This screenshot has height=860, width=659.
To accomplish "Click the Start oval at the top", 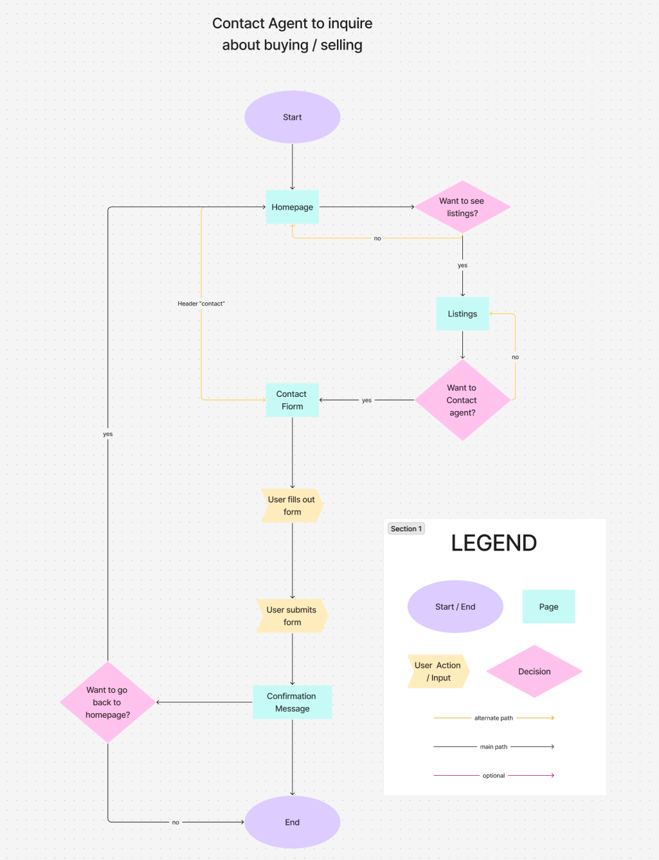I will point(292,117).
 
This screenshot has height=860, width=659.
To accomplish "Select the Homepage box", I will point(292,207).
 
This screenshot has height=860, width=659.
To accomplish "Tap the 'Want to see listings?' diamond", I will point(462,207).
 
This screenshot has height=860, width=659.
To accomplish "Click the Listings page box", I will point(462,314).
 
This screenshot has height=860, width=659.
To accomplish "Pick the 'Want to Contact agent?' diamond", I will point(462,400).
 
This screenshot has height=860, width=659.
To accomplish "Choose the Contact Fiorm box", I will point(292,400).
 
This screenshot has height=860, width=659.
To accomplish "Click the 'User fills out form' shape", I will point(292,506).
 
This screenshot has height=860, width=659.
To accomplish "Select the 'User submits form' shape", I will point(292,616).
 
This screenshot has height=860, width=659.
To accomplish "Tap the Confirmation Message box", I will point(292,702).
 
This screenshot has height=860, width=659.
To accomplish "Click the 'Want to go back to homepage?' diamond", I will point(107,702).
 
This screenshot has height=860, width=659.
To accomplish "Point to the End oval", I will point(292,822).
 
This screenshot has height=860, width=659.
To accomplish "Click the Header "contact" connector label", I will point(201,304).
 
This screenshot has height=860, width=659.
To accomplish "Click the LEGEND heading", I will point(494,544).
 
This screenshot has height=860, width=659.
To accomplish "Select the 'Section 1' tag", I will point(406,529).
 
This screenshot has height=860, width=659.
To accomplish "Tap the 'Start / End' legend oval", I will point(455,607).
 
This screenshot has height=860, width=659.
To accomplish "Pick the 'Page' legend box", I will point(548,607).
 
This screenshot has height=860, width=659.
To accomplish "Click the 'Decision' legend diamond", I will point(534,672).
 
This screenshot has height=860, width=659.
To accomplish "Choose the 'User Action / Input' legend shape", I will point(438,672).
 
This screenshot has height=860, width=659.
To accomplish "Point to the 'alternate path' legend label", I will point(494,718).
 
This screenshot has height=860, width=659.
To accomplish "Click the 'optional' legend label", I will point(494,776).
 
